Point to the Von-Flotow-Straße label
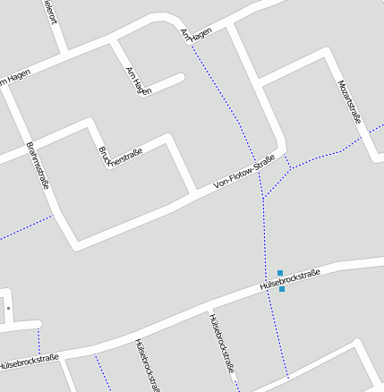click(x=244, y=172)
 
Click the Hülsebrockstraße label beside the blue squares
click(x=290, y=280)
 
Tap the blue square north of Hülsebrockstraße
click(x=280, y=272)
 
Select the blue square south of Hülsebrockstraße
click(x=282, y=289)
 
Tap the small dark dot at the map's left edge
click(x=8, y=308)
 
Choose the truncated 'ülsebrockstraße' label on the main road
click(x=30, y=362)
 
